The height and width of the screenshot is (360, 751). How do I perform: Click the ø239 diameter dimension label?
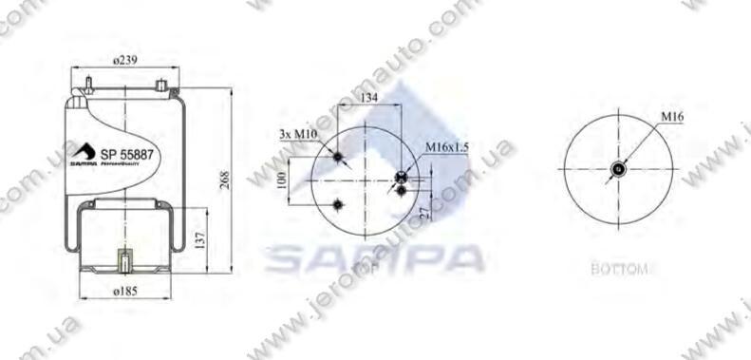coord(126,60)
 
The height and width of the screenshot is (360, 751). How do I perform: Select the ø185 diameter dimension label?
coord(125,291)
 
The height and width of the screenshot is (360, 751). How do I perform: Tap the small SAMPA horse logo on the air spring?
coord(83,152)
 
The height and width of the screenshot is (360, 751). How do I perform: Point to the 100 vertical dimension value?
coord(282,180)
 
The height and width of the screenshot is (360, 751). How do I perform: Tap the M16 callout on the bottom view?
coord(672,116)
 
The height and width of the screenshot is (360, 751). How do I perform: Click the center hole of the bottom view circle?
coord(618,170)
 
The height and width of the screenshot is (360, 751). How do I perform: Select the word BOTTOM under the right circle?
coord(618,269)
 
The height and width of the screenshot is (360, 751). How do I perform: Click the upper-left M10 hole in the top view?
coord(338,156)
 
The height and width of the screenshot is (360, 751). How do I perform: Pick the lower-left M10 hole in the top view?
coord(339,205)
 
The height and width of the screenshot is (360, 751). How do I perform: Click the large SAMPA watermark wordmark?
coord(374,256)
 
